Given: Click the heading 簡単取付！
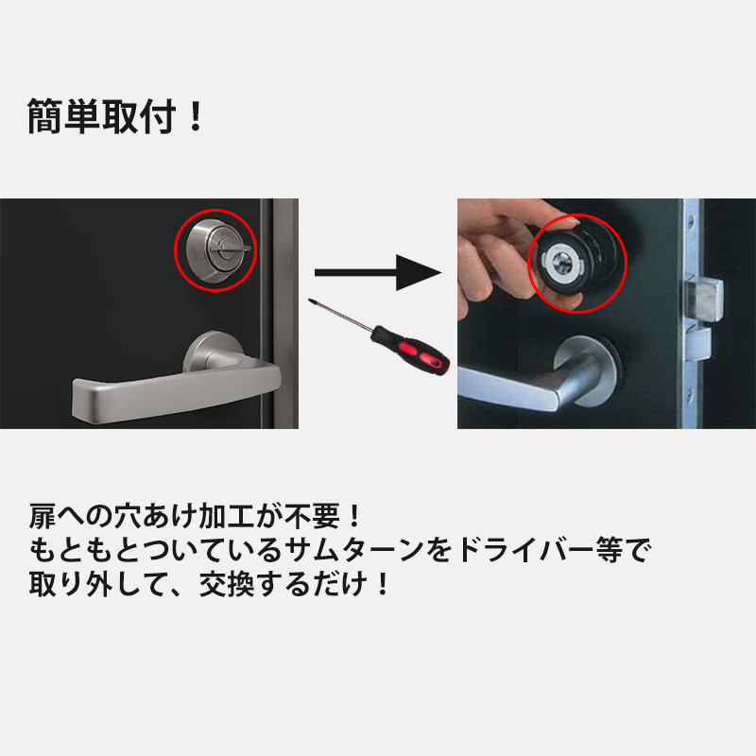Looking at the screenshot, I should point(115,116).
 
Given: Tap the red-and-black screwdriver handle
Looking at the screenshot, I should point(408,350).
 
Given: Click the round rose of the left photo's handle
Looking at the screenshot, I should point(218,355).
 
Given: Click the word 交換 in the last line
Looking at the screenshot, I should point(227,580).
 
